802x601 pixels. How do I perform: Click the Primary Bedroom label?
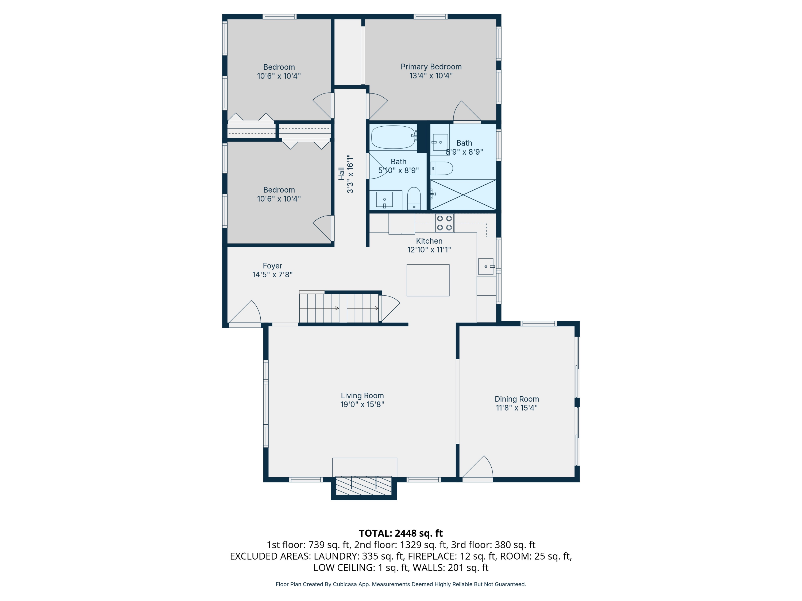431,67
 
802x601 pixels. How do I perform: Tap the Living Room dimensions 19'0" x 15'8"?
362,404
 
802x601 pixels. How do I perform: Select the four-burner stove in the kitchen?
444,223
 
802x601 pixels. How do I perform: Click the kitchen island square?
428,280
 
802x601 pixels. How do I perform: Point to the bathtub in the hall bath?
393,137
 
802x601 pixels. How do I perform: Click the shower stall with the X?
463,194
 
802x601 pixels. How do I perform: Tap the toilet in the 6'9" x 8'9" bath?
442,169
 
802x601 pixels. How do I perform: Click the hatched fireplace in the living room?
364,485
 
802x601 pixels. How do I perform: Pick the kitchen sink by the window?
485,267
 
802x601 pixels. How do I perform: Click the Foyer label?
272,266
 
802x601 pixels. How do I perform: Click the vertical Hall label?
341,174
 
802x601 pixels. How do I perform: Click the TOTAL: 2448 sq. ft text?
401,533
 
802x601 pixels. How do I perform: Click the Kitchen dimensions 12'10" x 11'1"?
429,249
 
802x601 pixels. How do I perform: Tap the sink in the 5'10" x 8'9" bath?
384,200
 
